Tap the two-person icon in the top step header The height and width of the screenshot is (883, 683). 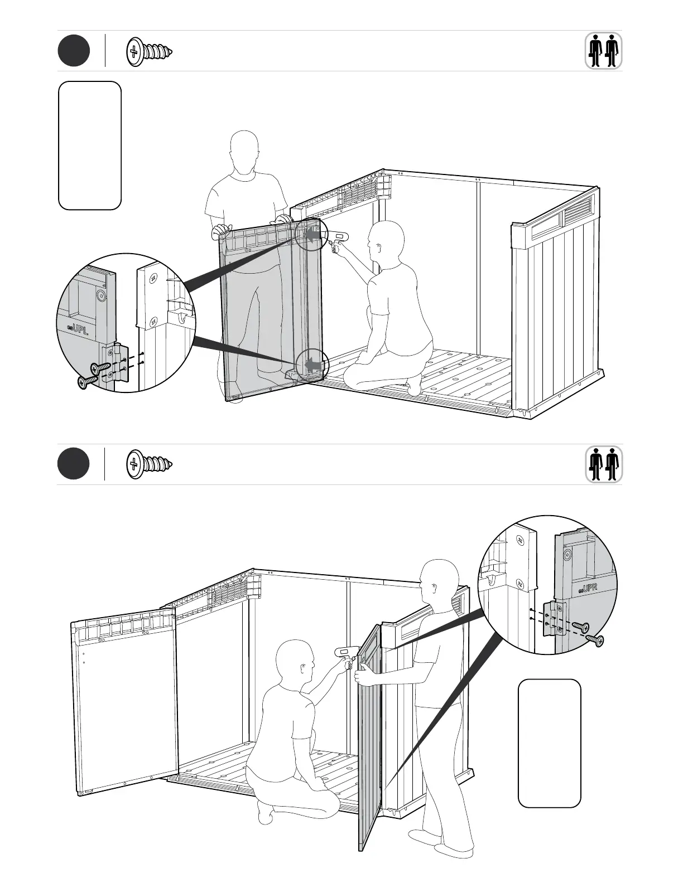[604, 51]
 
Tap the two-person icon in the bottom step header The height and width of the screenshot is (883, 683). [604, 465]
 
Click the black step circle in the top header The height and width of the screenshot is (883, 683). [74, 51]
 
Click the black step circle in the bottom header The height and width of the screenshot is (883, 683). [74, 464]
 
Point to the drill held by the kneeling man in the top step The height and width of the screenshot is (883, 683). [338, 241]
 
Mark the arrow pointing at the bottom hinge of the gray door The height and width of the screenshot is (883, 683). [312, 366]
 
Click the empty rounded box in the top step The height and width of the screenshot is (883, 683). [90, 145]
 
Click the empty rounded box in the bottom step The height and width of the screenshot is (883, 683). [550, 743]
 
